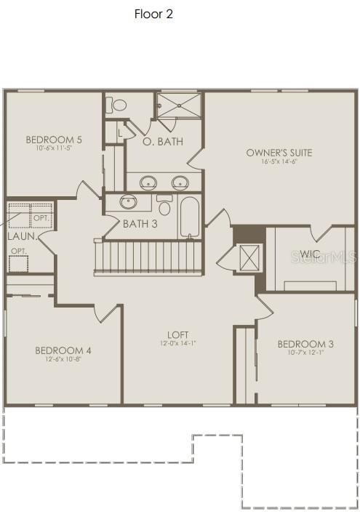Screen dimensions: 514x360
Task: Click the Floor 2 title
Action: coord(153,14)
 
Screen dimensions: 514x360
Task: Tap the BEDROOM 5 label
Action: coord(54,140)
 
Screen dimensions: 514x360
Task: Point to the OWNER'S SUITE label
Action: coord(279,153)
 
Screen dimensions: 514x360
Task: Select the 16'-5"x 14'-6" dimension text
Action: coord(279,161)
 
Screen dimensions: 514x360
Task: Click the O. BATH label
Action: coord(163,142)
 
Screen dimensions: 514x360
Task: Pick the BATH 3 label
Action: coord(140,224)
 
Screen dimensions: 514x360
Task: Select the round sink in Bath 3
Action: coord(129,201)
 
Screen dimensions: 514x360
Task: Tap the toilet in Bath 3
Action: coord(164,206)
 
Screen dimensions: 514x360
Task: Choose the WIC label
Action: coord(310,254)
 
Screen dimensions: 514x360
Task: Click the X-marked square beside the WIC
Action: coord(249,259)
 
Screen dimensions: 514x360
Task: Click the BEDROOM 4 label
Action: coord(63,350)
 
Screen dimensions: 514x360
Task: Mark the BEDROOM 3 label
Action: coord(305,344)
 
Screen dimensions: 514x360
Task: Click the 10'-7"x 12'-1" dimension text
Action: coord(305,353)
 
